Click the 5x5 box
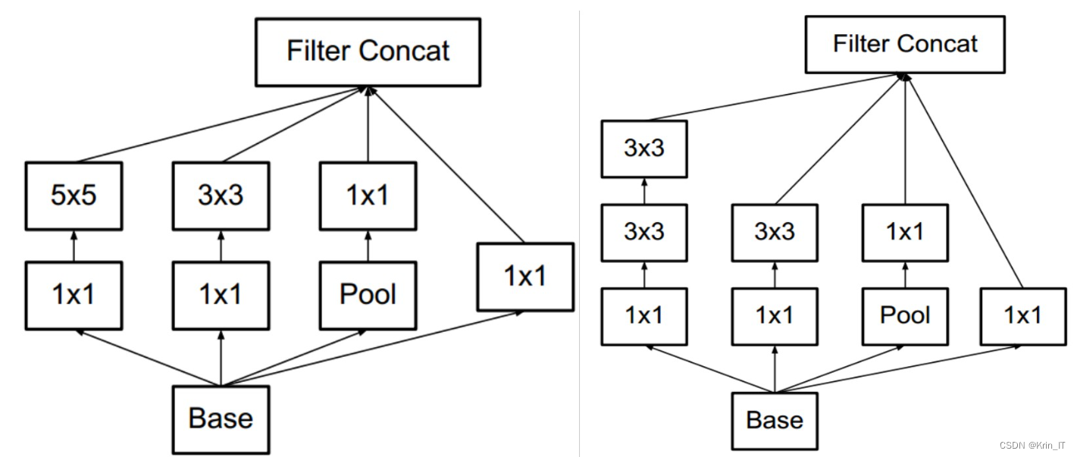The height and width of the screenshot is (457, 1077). pos(74,196)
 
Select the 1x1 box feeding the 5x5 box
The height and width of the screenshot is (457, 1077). pos(74,296)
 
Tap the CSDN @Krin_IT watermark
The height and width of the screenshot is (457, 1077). pos(1032,446)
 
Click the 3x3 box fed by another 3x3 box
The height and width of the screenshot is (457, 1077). pos(643,149)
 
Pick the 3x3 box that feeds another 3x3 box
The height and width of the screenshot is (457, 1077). pos(643,233)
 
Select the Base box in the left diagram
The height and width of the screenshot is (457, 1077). pos(221,420)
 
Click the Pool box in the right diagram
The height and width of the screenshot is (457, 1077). pos(905,317)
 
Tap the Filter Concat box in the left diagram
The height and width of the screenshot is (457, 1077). pos(368,52)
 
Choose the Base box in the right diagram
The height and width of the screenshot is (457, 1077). pos(775,421)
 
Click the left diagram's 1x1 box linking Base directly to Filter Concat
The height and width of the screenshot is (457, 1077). pos(525,277)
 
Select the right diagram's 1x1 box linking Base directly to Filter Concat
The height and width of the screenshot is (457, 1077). pos(1023,317)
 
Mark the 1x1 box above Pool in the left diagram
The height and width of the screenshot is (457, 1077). pos(368,196)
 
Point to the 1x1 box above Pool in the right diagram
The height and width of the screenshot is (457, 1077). pos(905,233)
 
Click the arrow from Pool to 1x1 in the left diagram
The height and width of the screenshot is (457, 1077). pos(368,246)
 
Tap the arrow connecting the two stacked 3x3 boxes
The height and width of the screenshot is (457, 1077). pos(644,191)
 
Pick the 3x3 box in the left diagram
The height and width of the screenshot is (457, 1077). pos(221,196)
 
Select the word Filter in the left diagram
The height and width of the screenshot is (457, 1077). pos(318,51)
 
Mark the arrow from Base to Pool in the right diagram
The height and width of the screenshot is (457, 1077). pos(839,369)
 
